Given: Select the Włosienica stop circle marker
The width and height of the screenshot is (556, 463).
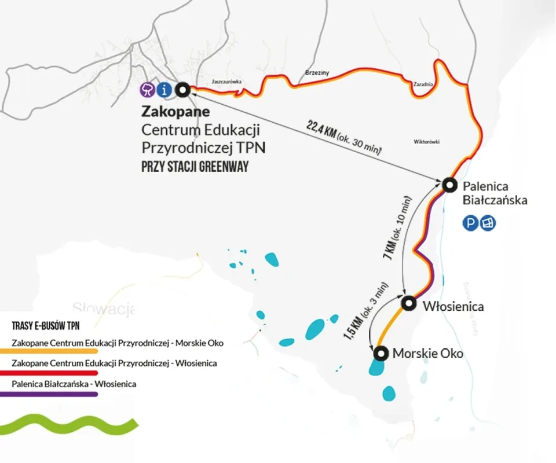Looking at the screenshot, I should (409, 303).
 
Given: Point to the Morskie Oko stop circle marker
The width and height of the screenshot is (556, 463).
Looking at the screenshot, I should (381, 353).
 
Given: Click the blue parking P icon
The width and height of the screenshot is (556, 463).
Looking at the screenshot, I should (470, 223).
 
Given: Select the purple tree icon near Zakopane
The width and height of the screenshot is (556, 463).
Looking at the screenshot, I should (149, 89).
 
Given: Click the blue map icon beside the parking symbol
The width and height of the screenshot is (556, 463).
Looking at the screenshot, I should (488, 223).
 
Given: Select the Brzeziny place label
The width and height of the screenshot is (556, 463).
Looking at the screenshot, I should (317, 73).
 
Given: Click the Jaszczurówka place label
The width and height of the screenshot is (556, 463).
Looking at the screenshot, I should (226, 82).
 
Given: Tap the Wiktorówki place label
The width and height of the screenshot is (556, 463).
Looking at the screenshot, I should (427, 141).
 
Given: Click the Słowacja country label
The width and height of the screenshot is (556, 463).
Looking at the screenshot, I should (103, 307).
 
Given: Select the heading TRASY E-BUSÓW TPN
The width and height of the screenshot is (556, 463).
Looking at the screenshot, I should (46, 326).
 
